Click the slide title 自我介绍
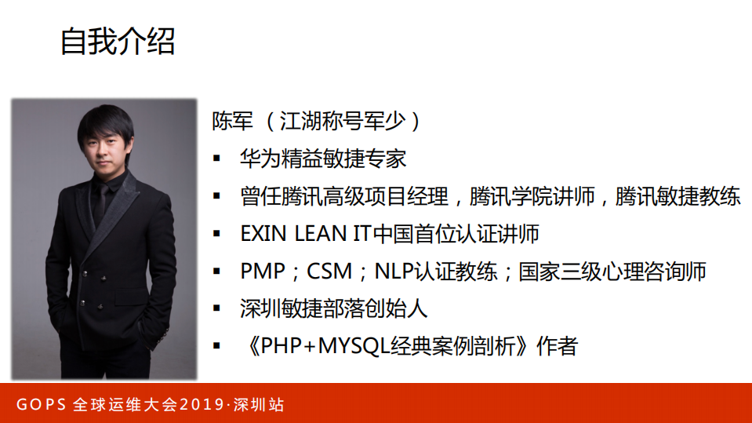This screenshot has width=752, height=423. [118, 41]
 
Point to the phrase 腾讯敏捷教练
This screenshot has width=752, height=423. [678, 196]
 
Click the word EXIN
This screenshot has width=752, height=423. [263, 234]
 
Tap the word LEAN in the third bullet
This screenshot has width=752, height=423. [315, 234]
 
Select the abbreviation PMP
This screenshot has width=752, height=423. [263, 272]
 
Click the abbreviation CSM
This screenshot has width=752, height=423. [329, 272]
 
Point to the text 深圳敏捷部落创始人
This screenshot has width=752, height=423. [334, 308]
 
